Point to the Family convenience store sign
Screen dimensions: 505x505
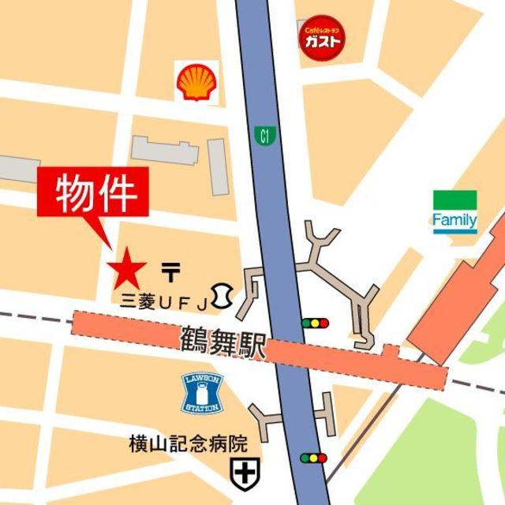coord(454,213)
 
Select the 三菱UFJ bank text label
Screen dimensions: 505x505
coord(164,301)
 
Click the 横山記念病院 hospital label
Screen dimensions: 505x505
coord(189,445)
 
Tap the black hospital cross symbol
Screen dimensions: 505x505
coord(241,473)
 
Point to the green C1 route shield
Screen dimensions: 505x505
coord(262,137)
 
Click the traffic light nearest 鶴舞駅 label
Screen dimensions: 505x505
coord(314,323)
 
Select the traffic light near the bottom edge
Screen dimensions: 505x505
coord(314,458)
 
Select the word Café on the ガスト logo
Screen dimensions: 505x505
coord(310,29)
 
